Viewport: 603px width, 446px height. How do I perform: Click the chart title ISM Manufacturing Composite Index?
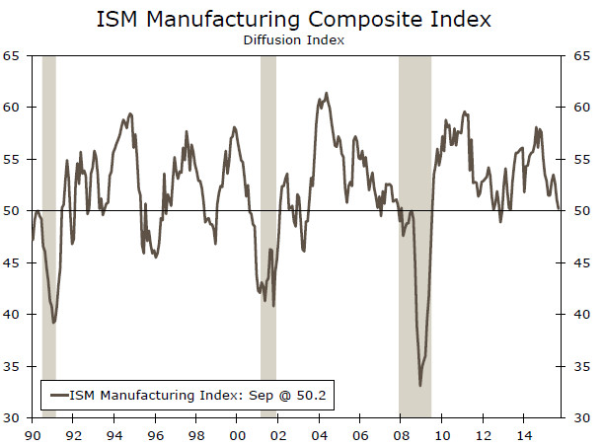[300, 19]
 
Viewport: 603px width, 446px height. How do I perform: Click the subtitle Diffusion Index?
[300, 40]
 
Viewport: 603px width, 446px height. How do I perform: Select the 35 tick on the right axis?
[581, 367]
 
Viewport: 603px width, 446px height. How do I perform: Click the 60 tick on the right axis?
[581, 108]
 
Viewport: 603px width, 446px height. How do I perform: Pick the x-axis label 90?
[33, 434]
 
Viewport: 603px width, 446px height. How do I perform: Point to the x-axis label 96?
[156, 434]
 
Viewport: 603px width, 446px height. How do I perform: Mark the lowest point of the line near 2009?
[420, 385]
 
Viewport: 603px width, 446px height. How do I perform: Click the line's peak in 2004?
[326, 94]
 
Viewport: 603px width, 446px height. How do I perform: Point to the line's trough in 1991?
[53, 322]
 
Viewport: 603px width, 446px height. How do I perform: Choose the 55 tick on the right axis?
[581, 159]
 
